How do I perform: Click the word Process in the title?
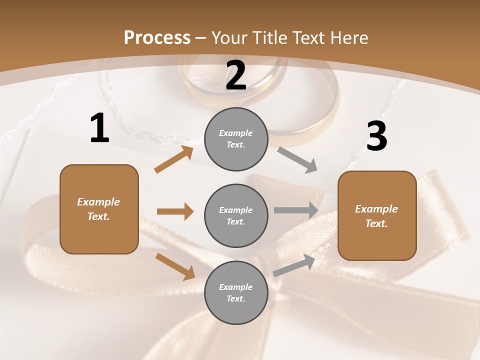click(157, 38)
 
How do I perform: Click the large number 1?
click(99, 128)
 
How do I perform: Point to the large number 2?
click(236, 75)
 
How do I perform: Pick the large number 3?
click(376, 136)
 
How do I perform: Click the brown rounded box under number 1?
click(99, 209)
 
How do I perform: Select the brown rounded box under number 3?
click(377, 216)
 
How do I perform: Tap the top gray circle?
click(236, 139)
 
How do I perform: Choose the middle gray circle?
click(236, 216)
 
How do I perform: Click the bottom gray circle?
click(236, 293)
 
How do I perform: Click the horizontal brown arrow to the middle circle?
click(175, 211)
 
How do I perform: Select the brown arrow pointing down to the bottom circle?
click(175, 266)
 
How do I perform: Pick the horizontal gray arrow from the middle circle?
click(296, 210)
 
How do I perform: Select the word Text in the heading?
click(309, 38)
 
